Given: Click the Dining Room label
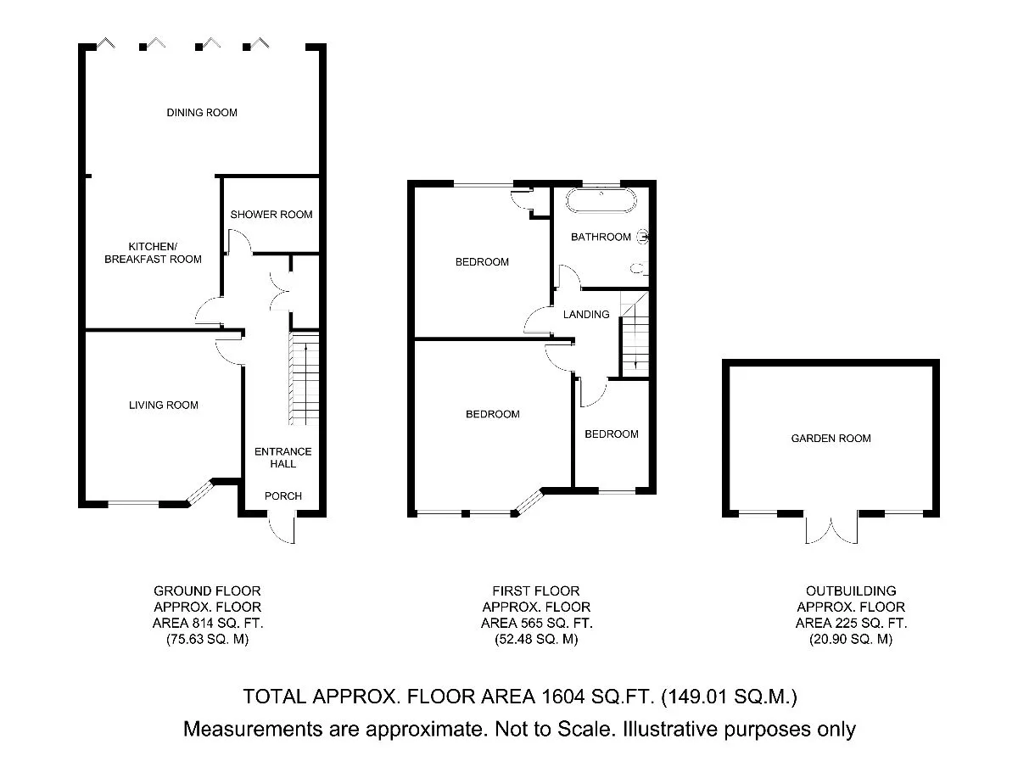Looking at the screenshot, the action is (202, 113).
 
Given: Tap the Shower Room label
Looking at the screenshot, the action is (271, 215).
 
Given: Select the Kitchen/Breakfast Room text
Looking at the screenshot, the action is (153, 253).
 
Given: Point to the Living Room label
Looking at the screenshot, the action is (163, 406).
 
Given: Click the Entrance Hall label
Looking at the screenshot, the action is (282, 457).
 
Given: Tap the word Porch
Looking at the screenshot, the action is (282, 496).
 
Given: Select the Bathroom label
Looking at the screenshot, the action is (601, 237).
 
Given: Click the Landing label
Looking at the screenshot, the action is (586, 315).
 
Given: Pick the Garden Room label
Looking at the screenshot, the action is (831, 438).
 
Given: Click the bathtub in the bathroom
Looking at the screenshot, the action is (601, 201).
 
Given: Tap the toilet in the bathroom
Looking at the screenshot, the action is (639, 268).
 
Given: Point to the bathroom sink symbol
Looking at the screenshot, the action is (643, 237).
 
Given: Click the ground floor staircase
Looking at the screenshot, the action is (305, 378).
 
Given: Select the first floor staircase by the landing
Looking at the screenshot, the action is (635, 333).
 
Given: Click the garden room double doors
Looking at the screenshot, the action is (831, 528).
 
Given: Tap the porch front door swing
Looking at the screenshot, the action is (282, 528).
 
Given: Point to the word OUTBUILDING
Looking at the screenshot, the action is (851, 591).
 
